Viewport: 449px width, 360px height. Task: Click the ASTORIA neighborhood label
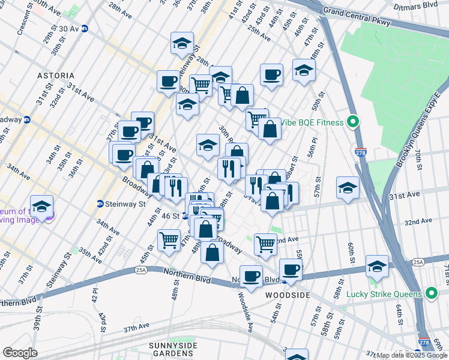point(56,76)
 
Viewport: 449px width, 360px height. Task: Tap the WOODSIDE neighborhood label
point(288,296)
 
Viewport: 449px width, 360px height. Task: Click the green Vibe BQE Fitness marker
point(353,122)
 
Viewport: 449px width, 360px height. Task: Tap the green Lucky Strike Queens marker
point(430,293)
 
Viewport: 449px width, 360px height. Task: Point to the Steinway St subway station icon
point(100,204)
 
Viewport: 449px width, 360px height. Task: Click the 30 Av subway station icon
point(85,28)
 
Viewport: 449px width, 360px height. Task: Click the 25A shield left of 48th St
point(141,271)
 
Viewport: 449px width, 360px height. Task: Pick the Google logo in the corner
point(20,353)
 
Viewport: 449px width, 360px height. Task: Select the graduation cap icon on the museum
point(41,207)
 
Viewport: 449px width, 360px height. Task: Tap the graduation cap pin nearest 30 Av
point(182,44)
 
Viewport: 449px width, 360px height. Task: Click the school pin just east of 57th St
point(348,188)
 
